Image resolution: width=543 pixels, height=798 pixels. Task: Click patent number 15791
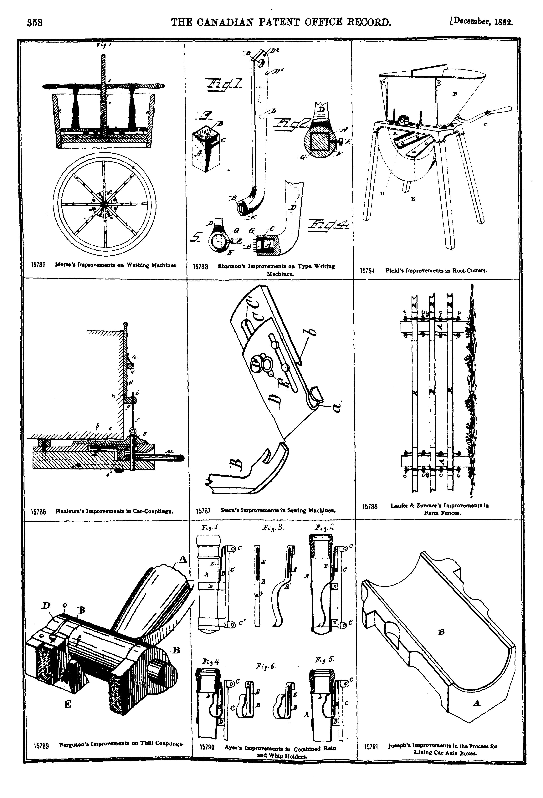(x=371, y=746)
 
